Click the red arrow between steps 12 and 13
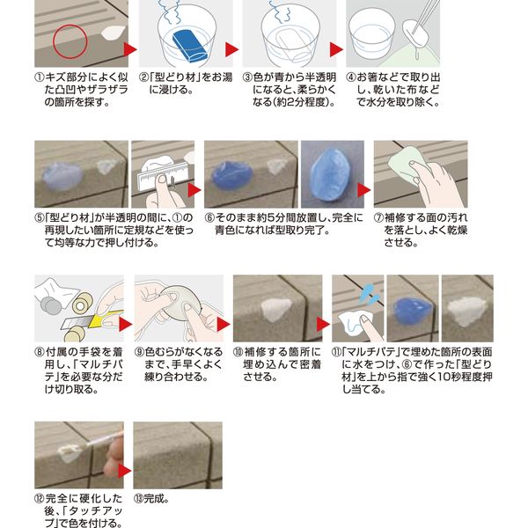(125, 470)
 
